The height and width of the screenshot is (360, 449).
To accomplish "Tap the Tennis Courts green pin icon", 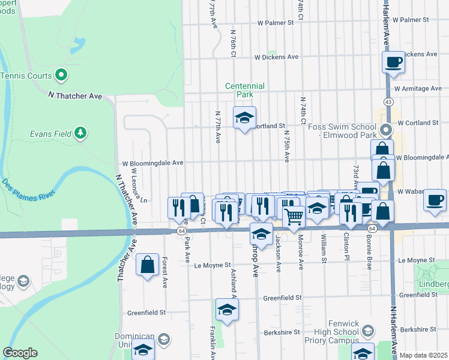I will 61,76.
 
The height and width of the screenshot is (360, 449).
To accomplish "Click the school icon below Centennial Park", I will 244,118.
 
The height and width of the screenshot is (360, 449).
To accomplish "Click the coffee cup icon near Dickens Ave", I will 394,62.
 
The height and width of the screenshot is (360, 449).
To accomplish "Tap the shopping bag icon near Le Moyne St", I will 147,265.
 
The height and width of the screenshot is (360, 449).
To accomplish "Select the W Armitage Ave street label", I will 418,89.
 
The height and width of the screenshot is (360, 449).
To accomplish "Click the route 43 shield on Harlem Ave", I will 390,102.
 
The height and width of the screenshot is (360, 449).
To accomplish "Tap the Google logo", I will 20,353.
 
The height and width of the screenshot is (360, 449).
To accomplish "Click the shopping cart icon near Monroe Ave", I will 294,217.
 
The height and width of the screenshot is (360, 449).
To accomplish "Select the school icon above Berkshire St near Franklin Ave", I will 227,310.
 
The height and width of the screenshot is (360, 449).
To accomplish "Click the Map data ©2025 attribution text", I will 423,355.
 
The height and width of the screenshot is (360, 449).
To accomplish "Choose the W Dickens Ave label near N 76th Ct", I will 276,58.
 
